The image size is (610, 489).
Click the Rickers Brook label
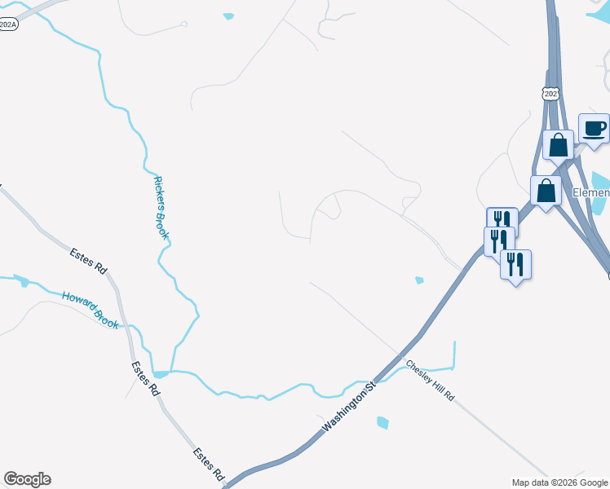(161, 208)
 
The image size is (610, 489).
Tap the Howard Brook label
(91, 309)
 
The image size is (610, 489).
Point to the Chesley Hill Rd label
(430, 380)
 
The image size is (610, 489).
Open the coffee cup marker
(595, 129)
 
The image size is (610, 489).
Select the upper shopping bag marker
(559, 145)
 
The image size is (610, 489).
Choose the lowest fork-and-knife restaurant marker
(515, 265)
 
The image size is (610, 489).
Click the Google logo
(27, 479)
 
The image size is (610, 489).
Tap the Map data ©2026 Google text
(559, 482)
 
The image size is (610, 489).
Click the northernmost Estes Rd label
(88, 261)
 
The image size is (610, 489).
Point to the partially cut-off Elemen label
(590, 193)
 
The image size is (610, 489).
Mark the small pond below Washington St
(382, 422)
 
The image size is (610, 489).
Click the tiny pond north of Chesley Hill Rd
(419, 280)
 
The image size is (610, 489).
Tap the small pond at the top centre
(228, 15)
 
